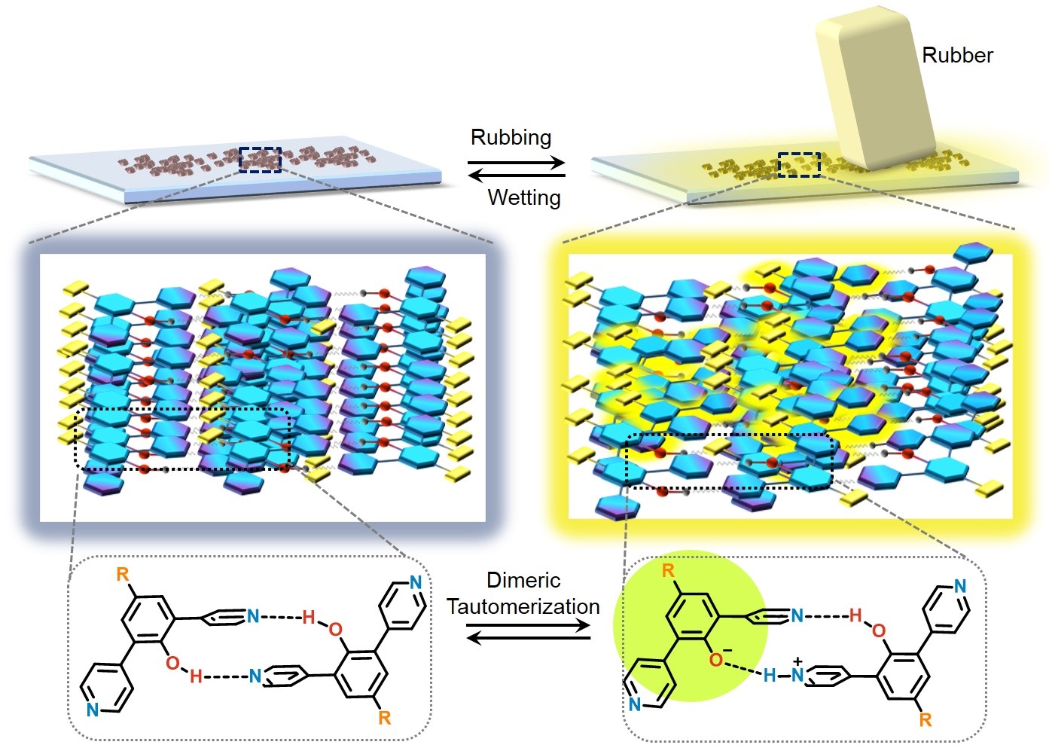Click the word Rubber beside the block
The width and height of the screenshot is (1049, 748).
point(956,55)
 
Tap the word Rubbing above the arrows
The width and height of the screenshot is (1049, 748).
point(511,137)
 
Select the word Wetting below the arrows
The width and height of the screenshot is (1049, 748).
point(524,197)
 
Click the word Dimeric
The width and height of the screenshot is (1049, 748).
point(523,580)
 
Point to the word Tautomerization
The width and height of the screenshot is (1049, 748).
point(523,606)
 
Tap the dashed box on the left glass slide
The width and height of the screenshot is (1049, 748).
point(260,160)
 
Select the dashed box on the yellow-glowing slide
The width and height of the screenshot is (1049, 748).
point(798,164)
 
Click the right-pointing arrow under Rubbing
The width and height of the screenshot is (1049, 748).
point(516,162)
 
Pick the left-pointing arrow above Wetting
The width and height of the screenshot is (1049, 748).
point(516,176)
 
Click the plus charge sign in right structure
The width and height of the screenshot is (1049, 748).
point(797,661)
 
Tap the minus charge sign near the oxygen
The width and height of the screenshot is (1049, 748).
point(727,650)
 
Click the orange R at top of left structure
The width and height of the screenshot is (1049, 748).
point(123,575)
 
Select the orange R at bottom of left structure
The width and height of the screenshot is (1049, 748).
point(385,718)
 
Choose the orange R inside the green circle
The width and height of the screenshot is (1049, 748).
point(668,570)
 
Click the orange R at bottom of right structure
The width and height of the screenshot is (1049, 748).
point(925,720)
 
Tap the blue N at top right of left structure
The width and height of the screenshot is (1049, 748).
point(416,582)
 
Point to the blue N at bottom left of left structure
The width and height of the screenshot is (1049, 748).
point(92,710)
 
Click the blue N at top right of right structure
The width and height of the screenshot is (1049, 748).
point(960,585)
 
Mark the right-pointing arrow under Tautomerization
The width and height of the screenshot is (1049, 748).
point(527,625)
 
